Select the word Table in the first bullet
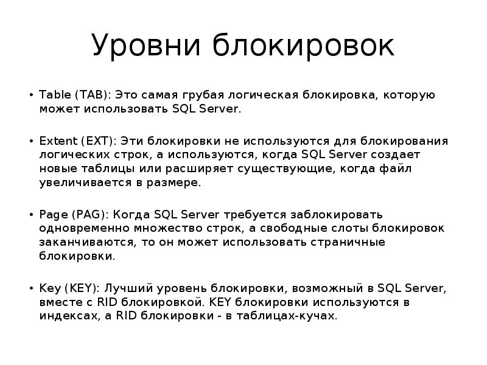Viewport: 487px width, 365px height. [x=54, y=96]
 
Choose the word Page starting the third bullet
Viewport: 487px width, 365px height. [x=53, y=215]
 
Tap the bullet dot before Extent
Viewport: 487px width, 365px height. [x=31, y=142]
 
